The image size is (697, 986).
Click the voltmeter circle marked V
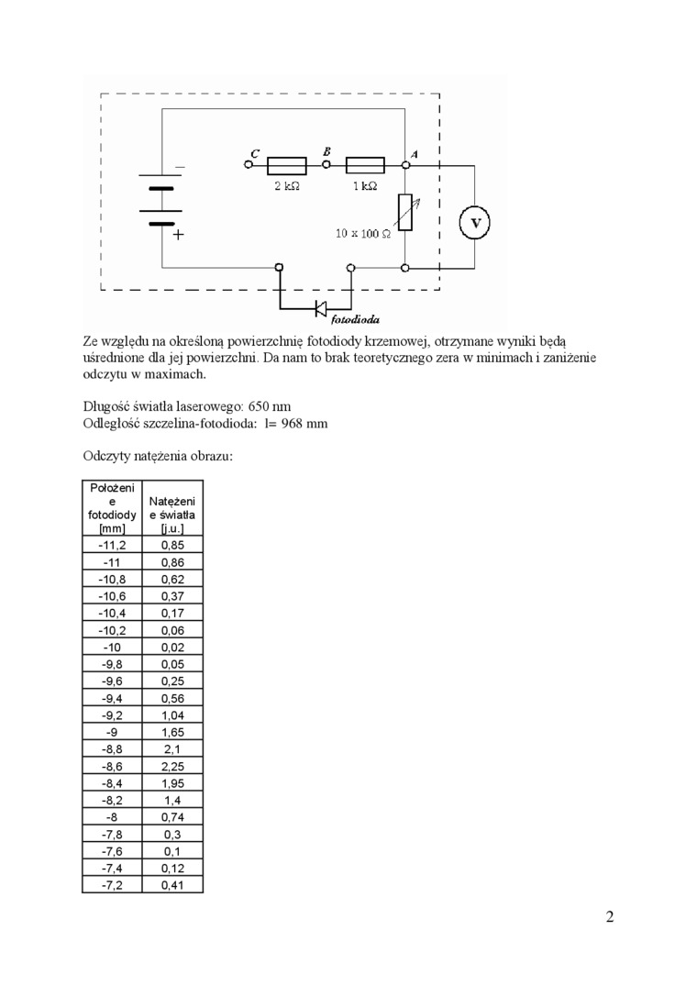(475, 222)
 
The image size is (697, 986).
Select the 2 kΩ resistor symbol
(287, 165)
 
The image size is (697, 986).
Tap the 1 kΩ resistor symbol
(365, 165)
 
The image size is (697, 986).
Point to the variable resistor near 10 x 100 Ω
(405, 214)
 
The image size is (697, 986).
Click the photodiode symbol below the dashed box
(321, 307)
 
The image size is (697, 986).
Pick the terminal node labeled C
(248, 165)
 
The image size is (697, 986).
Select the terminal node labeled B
(326, 165)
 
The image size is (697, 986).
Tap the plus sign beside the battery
(178, 235)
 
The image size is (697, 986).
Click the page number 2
(610, 918)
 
